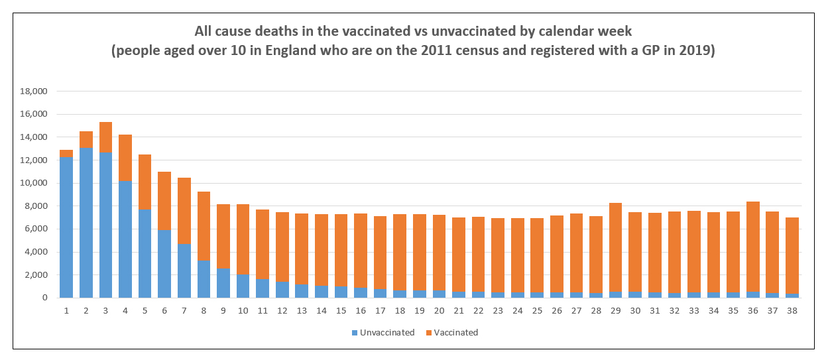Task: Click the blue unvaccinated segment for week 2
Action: click(86, 223)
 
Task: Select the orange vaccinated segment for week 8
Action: click(204, 226)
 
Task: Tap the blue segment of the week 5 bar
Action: click(145, 253)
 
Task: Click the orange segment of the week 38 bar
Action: click(792, 255)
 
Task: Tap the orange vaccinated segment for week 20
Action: click(439, 253)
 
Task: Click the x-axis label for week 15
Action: click(341, 310)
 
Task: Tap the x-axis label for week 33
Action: click(694, 310)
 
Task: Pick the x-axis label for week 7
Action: click(184, 310)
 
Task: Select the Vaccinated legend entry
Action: click(455, 333)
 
